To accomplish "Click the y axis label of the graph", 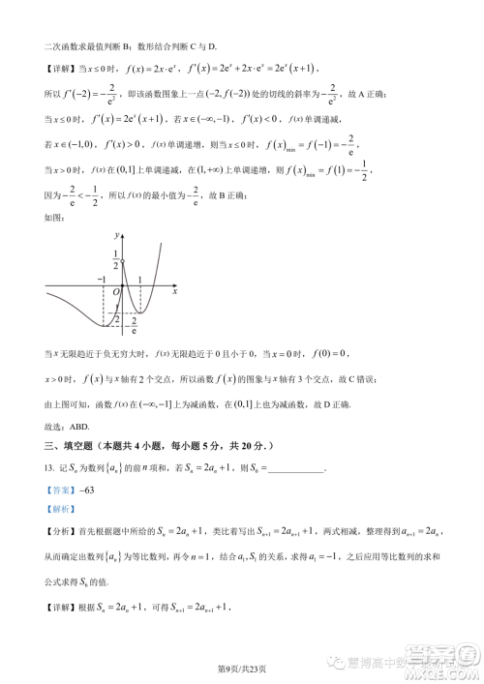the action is click(x=115, y=235).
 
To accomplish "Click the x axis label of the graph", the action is click(x=174, y=289).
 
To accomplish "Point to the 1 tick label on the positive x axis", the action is click(x=140, y=279).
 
